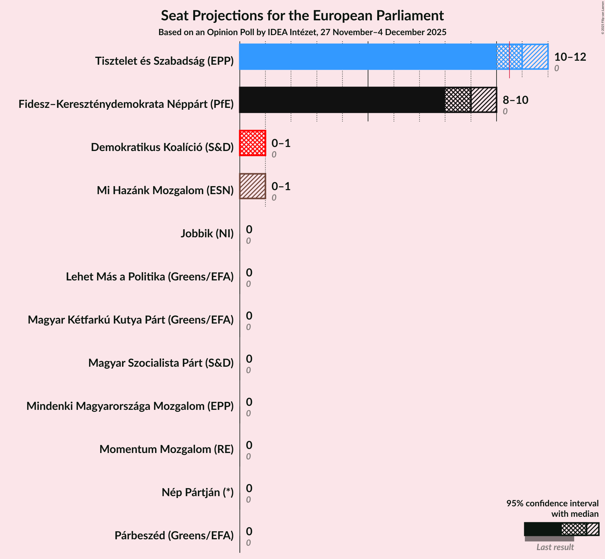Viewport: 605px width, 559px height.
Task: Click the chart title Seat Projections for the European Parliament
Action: click(302, 15)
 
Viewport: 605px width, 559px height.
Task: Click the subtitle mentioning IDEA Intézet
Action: click(302, 32)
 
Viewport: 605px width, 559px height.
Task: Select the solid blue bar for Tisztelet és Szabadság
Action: click(367, 57)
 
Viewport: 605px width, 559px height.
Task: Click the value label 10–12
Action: click(570, 57)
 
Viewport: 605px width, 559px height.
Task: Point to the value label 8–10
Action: click(515, 100)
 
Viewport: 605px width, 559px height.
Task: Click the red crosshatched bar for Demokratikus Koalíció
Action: click(252, 143)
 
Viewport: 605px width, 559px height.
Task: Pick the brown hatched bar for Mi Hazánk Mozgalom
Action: click(252, 186)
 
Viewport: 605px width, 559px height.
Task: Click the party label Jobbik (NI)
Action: click(207, 234)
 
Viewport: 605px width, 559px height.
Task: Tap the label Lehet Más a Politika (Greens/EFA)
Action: click(149, 277)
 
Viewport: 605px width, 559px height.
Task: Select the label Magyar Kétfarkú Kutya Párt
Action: click(130, 320)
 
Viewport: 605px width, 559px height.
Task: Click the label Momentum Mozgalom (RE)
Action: click(166, 449)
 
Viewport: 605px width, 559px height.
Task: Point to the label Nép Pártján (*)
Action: click(197, 492)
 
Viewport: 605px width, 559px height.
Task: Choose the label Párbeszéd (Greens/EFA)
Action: click(174, 536)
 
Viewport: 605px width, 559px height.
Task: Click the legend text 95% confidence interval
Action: click(552, 503)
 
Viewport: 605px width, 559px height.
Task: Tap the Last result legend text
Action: click(555, 547)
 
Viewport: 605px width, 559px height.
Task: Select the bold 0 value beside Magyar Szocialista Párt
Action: click(249, 359)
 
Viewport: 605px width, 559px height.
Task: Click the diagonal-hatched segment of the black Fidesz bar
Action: click(484, 100)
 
